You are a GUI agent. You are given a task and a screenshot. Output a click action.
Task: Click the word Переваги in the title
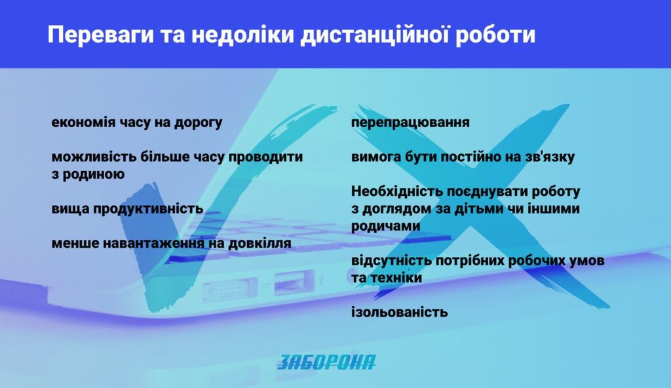tap(100, 35)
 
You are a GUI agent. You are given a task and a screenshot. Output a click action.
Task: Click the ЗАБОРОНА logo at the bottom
tap(326, 362)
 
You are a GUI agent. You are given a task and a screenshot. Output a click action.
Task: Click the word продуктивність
tap(148, 209)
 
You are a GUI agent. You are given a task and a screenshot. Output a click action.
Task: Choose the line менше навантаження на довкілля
tap(171, 243)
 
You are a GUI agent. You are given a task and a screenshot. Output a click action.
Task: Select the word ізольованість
tap(399, 312)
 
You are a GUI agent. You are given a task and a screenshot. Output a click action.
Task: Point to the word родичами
tap(385, 226)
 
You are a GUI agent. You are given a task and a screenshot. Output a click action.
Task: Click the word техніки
tap(396, 278)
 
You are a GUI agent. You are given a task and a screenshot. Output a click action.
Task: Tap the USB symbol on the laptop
tap(321, 279)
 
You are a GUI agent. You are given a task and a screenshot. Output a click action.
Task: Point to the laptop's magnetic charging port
tap(230, 290)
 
